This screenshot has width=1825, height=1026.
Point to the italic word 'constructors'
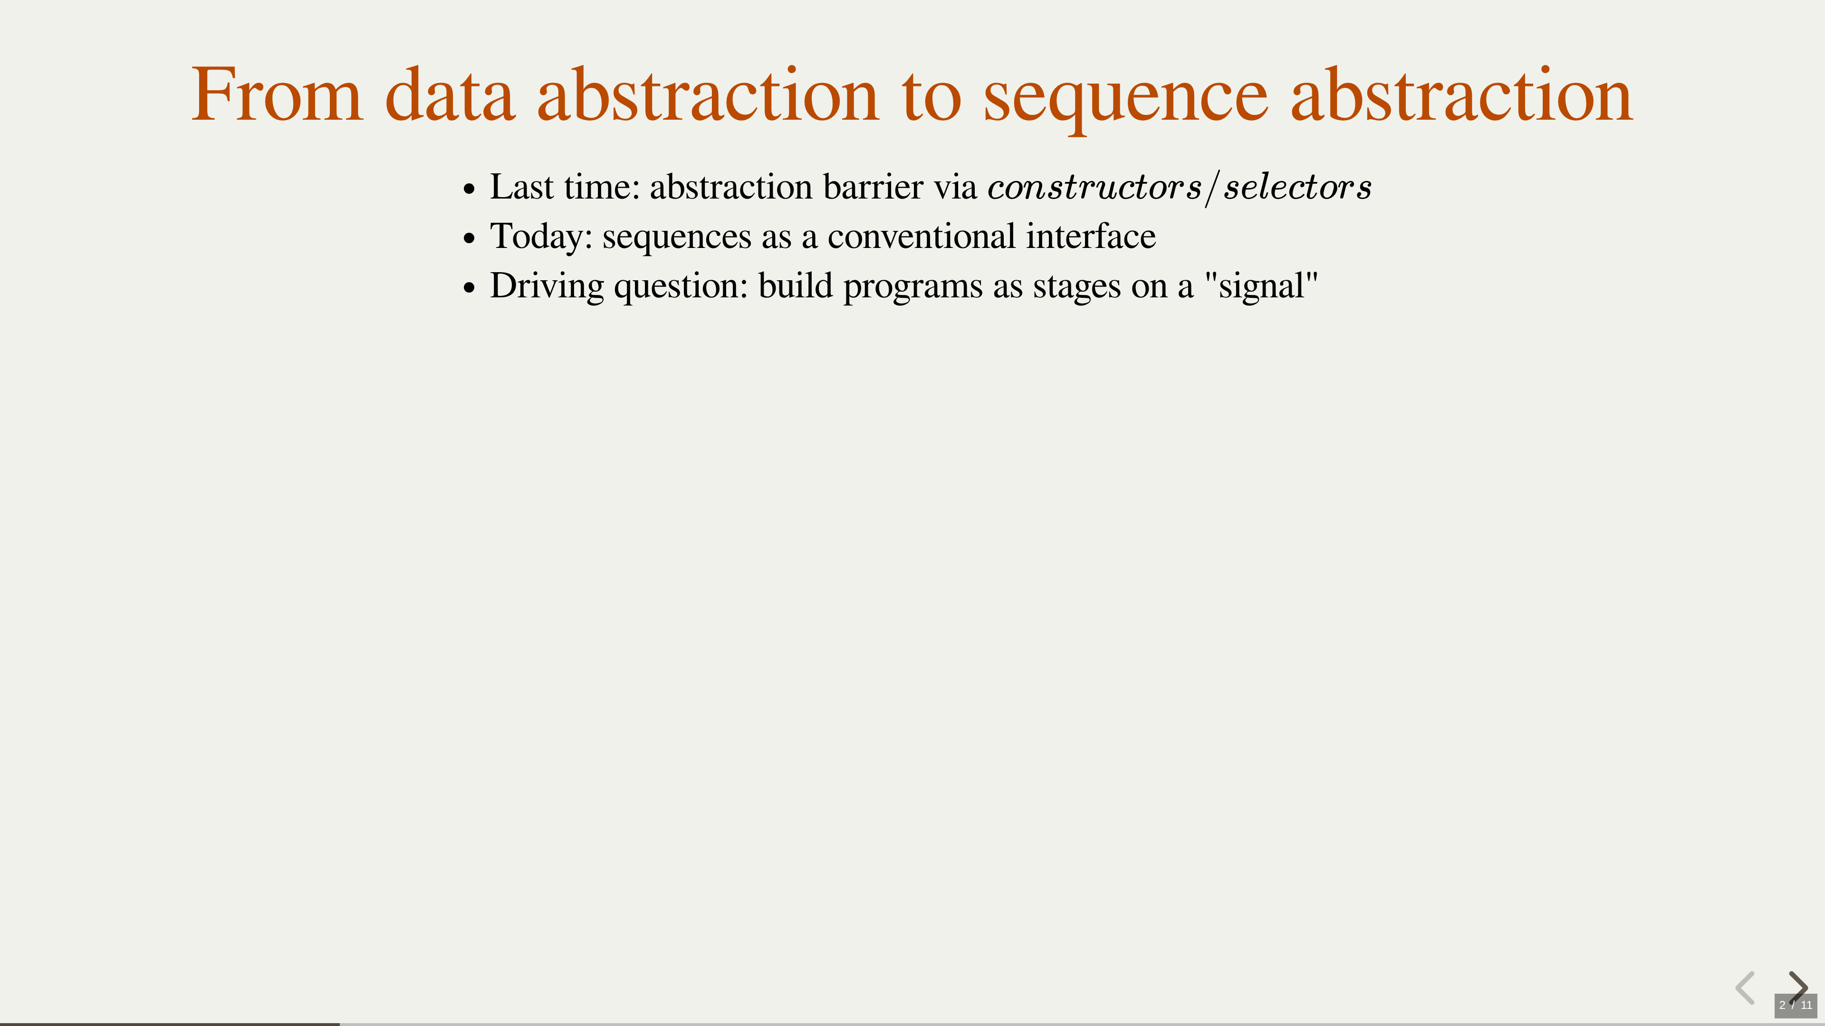pos(1095,187)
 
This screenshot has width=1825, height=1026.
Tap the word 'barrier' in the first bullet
pos(874,187)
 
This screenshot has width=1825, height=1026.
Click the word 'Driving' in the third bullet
pos(547,287)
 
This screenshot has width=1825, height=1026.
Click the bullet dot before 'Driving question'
pos(468,289)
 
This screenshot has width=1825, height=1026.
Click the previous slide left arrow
pos(1745,988)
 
